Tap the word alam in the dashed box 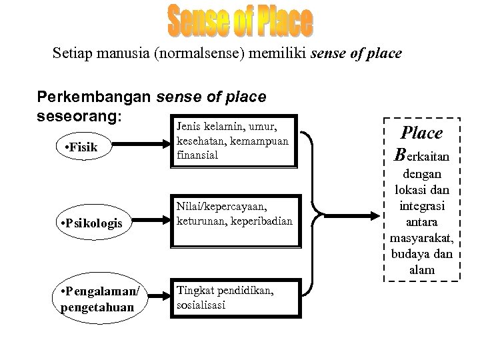pos(422,270)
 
